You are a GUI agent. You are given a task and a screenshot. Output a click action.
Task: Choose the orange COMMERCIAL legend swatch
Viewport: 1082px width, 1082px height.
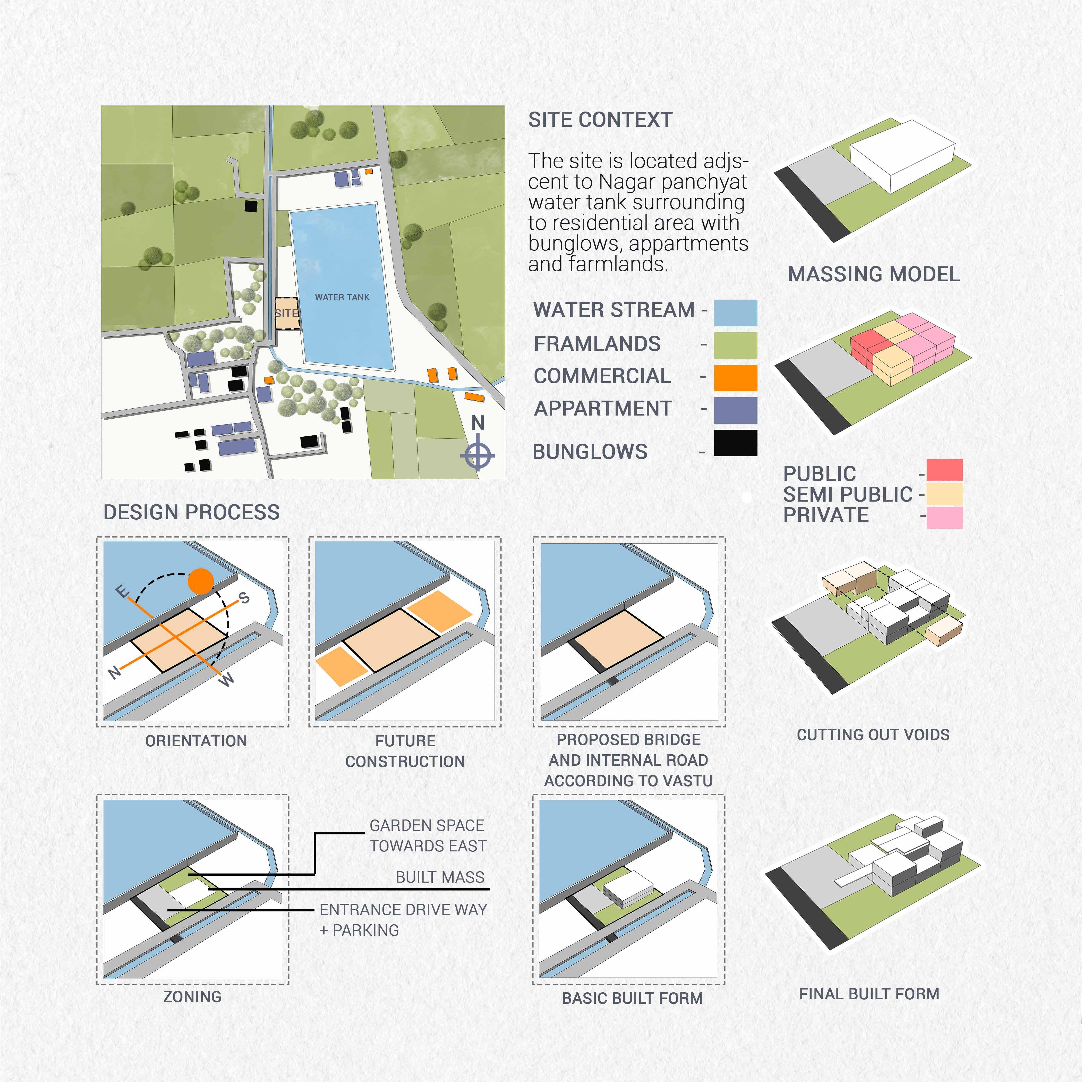click(735, 377)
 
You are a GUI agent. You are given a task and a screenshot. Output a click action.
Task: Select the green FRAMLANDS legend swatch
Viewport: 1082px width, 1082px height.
click(735, 345)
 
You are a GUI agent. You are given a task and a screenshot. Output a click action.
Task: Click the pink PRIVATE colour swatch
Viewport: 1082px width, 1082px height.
click(944, 517)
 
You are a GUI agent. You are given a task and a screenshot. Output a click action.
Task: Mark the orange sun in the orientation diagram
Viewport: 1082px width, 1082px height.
click(200, 581)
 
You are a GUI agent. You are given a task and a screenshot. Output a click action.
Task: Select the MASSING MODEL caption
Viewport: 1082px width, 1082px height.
click(874, 274)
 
